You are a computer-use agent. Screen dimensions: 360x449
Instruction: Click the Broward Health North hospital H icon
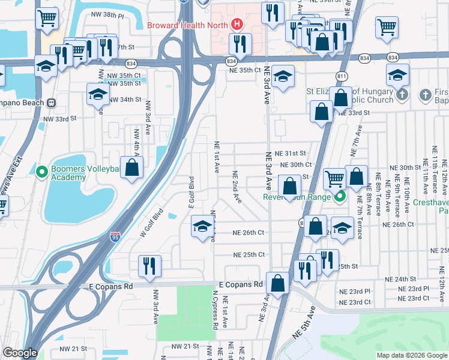point(237,25)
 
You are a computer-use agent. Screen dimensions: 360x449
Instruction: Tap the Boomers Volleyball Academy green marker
point(41,173)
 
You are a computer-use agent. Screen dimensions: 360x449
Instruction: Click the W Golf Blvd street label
point(152,223)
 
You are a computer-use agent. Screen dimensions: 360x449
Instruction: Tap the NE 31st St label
point(291,154)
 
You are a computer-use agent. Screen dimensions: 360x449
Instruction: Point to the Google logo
point(20,353)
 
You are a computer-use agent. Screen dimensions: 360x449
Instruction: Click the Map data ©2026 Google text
point(411,355)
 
